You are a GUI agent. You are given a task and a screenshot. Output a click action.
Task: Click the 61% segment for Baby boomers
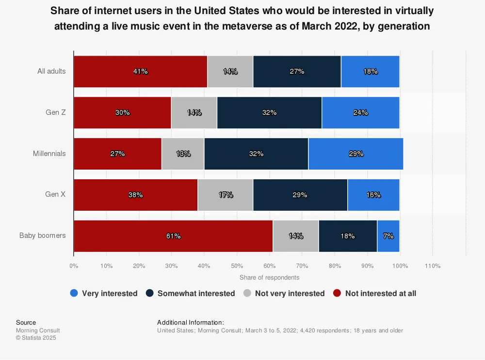173,236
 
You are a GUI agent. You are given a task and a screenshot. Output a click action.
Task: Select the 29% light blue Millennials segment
356,154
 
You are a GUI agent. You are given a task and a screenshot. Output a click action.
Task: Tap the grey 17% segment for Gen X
226,195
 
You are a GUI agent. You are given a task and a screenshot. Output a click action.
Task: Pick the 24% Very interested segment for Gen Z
360,112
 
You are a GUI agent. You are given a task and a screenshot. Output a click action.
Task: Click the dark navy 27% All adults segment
297,71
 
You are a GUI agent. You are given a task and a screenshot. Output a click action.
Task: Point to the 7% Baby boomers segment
388,236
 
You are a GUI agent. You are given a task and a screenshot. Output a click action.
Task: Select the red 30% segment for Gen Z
122,112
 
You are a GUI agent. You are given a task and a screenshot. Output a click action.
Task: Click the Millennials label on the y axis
49,154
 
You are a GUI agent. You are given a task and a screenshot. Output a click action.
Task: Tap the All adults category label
51,71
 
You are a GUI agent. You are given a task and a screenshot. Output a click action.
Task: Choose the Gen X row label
55,195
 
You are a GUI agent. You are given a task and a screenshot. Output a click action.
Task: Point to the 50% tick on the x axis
237,266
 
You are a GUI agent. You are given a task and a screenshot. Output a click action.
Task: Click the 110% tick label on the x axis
432,266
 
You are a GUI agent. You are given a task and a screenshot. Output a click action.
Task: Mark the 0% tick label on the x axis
74,266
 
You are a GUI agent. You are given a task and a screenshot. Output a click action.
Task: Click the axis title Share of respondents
269,278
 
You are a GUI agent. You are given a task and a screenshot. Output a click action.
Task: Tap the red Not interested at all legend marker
337,293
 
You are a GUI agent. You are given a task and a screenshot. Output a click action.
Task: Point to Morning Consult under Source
38,330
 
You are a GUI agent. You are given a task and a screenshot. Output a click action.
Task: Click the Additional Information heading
190,322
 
